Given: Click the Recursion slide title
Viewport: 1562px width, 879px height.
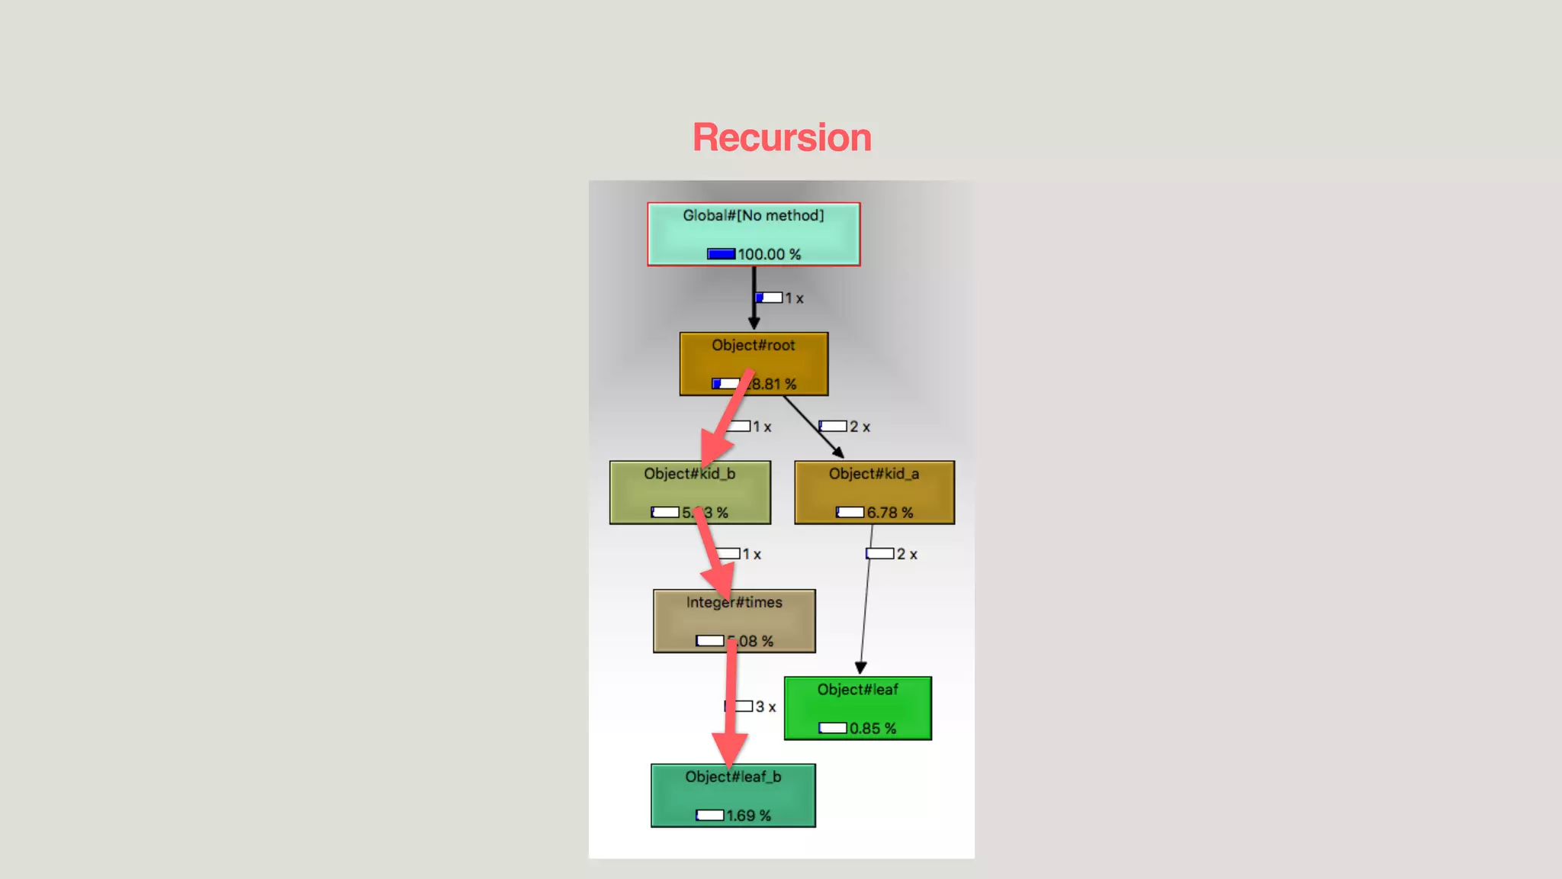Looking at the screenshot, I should pyautogui.click(x=782, y=138).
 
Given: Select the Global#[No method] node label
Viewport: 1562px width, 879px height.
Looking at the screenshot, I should pyautogui.click(x=753, y=216).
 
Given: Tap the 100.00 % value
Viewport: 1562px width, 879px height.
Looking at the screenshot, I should pyautogui.click(x=769, y=254).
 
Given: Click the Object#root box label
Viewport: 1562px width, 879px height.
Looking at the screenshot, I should pyautogui.click(x=753, y=346).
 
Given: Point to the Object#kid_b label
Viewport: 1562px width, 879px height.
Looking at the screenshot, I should pyautogui.click(x=689, y=474).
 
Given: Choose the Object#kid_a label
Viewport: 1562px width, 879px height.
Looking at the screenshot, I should pyautogui.click(x=874, y=474).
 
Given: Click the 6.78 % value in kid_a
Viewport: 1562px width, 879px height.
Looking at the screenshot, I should pyautogui.click(x=889, y=513).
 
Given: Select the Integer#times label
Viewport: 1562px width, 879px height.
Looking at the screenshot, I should pyautogui.click(x=734, y=603).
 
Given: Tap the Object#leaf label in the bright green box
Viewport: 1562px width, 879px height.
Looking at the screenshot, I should pyautogui.click(x=857, y=690).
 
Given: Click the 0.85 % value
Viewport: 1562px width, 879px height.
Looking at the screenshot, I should pyautogui.click(x=873, y=729).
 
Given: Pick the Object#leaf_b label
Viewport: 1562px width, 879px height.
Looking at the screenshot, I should pyautogui.click(x=733, y=777).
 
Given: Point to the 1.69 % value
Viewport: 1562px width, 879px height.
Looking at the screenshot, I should pyautogui.click(x=748, y=816).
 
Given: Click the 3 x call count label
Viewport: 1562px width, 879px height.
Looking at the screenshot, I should pyautogui.click(x=766, y=707).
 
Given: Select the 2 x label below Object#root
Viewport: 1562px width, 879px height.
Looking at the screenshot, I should pyautogui.click(x=860, y=427).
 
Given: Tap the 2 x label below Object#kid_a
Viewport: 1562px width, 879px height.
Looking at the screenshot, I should pyautogui.click(x=907, y=555).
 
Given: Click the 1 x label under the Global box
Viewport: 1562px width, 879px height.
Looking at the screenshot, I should pyautogui.click(x=794, y=299).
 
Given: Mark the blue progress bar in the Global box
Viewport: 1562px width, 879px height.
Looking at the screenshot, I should pyautogui.click(x=721, y=254).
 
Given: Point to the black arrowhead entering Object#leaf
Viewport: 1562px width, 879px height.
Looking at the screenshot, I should pyautogui.click(x=860, y=668).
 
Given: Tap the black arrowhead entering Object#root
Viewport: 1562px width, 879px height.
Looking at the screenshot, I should pyautogui.click(x=754, y=324).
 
